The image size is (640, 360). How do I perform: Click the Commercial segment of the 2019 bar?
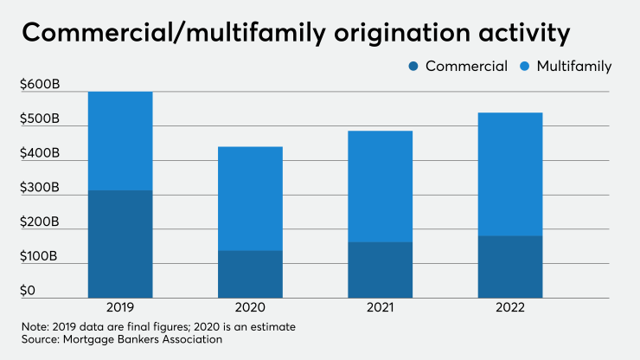tap(120, 244)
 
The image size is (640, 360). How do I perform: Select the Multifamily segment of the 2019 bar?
tap(120, 141)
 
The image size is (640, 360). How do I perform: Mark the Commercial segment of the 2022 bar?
tap(509, 267)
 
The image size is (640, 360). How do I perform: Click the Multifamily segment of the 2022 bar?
tap(509, 174)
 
